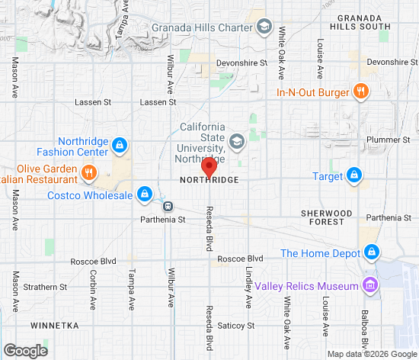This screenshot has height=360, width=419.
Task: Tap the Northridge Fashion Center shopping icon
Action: pos(119,145)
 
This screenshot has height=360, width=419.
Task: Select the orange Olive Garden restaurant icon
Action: pos(89,172)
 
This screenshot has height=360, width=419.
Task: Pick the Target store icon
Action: pos(353,176)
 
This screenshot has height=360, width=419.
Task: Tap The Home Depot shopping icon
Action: pos(371,252)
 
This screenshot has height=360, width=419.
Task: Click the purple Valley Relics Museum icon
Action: pos(370,285)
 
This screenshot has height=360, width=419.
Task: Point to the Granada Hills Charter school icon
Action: pos(264,27)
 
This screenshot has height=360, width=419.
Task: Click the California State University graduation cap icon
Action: pos(237,142)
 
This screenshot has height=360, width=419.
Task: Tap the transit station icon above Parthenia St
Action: pos(168,205)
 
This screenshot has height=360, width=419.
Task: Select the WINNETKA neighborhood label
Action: pos(54,325)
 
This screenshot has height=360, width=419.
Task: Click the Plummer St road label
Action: pos(389,140)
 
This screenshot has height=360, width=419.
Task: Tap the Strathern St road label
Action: pos(45,287)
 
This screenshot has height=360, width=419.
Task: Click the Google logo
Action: pos(24,350)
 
